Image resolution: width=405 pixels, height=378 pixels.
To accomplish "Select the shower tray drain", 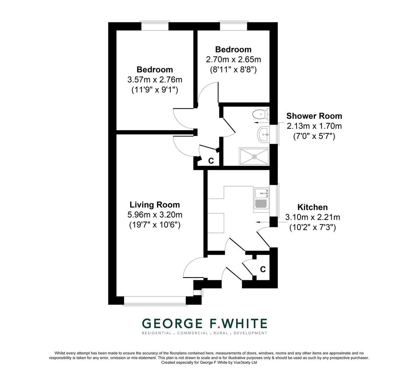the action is (x=255, y=157).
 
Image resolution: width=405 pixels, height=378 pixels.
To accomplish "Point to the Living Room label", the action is (x=155, y=205).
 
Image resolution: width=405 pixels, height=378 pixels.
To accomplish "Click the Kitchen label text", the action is (x=312, y=207).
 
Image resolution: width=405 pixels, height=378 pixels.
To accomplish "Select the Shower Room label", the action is (x=314, y=116).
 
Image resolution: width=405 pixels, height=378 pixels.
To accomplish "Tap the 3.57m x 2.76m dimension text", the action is (x=155, y=79).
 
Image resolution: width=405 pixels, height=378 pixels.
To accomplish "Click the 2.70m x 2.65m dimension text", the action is (x=233, y=59).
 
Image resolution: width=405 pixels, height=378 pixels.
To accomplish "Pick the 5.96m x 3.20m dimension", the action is (x=155, y=215).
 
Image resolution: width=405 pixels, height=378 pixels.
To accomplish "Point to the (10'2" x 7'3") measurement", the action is (x=312, y=227).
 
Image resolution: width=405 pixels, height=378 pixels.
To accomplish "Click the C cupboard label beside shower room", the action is (x=211, y=161).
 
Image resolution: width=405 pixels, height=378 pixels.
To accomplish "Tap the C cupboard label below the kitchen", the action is (x=263, y=269).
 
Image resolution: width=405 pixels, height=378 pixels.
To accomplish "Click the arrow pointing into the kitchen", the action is (x=263, y=222).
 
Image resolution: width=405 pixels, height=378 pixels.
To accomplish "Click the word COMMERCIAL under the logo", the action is (x=192, y=333).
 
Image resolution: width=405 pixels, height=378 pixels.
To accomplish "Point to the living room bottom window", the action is (x=155, y=301).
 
